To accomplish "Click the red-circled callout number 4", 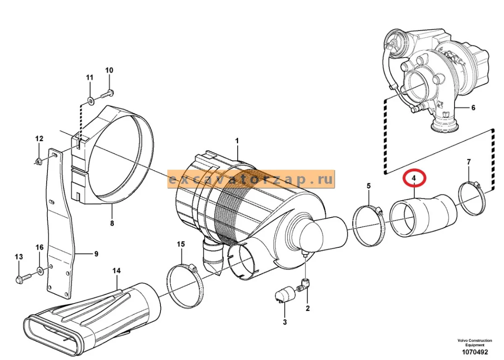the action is (x=414, y=178).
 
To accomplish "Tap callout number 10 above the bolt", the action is (x=109, y=70).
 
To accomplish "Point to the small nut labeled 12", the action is (x=38, y=161).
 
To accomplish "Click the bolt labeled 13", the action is (x=24, y=279).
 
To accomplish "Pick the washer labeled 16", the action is (x=40, y=271).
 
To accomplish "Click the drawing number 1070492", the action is (x=475, y=352).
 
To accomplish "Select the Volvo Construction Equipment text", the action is (x=475, y=342).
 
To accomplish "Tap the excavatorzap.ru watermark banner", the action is (x=251, y=179).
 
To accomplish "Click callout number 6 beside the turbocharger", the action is (x=473, y=108).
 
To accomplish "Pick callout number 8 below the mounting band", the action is (x=112, y=223).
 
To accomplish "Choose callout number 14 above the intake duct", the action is (x=116, y=271).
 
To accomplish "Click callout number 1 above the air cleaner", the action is (x=237, y=141).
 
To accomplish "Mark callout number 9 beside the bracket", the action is (x=96, y=254).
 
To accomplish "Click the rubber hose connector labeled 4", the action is (x=423, y=215).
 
